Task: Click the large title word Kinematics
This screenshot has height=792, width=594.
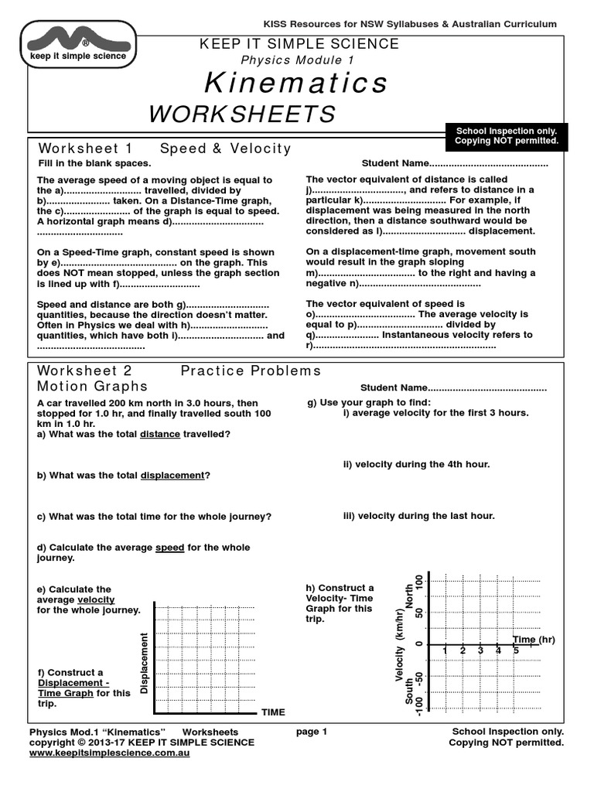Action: (x=297, y=82)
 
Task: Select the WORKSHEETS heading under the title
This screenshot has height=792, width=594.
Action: (x=242, y=114)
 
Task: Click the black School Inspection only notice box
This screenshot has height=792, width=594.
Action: (x=507, y=136)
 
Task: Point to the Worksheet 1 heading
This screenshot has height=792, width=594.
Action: (x=86, y=148)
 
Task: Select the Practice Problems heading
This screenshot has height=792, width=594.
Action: (x=251, y=371)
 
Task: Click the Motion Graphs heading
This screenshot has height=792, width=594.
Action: (x=92, y=386)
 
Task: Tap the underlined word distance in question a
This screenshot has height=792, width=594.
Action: (x=159, y=435)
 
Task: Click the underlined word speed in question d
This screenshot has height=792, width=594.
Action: (x=169, y=548)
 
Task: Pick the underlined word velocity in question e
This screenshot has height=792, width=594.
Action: (x=96, y=599)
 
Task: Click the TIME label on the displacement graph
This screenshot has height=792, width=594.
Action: (x=273, y=712)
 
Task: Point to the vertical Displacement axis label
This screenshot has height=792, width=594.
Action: (x=144, y=662)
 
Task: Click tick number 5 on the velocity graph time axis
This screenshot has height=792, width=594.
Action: (x=516, y=651)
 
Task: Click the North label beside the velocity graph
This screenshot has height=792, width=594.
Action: (x=410, y=596)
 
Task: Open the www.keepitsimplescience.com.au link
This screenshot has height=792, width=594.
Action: (x=109, y=753)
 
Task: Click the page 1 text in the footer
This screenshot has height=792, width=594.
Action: (x=312, y=732)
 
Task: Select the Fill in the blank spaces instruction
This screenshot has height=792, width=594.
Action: (x=94, y=164)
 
